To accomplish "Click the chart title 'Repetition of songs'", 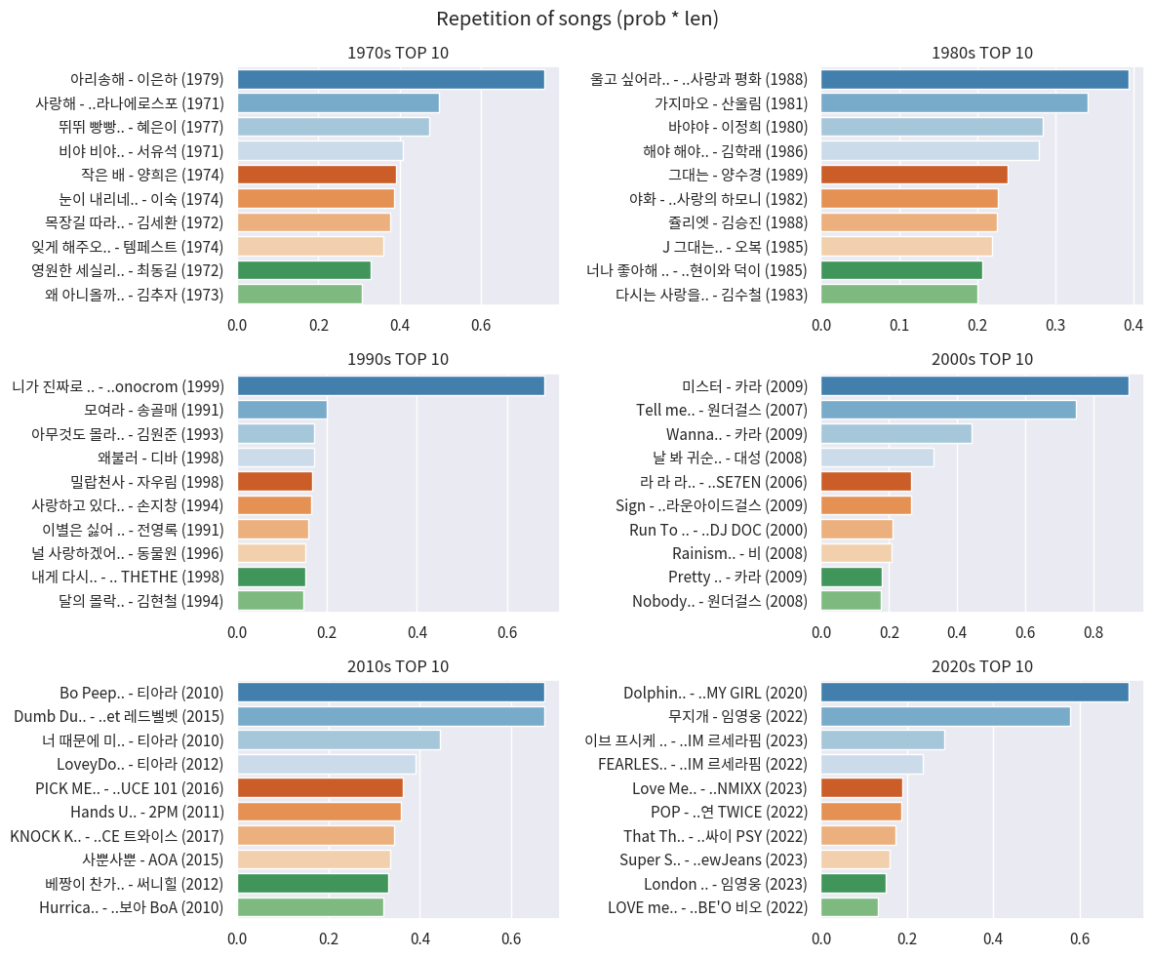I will pos(576,19).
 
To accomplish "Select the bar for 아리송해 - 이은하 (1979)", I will pos(390,79).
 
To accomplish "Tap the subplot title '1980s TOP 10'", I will pos(981,53).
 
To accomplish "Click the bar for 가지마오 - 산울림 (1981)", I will pos(953,103).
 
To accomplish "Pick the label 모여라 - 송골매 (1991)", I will pos(154,410).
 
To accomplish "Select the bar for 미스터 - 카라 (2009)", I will pos(974,385).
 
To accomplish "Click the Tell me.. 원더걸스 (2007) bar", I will pos(947,410).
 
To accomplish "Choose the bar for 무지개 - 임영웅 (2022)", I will pos(944,716).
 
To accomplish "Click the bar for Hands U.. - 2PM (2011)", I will pos(319,812).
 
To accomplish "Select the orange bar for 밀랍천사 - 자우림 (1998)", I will pos(274,481).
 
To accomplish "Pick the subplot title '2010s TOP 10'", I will pos(398,667).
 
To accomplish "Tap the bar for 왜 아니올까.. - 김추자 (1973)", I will pos(299,294).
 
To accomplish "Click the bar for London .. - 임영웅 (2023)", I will pos(853,883).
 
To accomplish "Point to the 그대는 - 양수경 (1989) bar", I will pos(914,175).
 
